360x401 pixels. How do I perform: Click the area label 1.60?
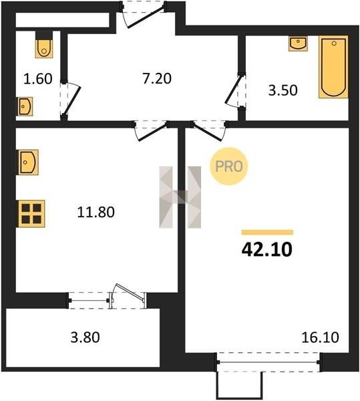[x=38, y=79]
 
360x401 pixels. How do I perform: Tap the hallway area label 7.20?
[x=157, y=78]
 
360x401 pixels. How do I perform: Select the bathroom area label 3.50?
[x=283, y=90]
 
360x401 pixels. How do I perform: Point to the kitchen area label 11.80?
[x=96, y=212]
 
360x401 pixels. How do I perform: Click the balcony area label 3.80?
[x=85, y=338]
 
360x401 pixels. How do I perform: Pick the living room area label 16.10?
[x=320, y=338]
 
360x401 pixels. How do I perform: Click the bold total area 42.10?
[x=266, y=249]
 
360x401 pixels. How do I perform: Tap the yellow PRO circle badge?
[x=228, y=166]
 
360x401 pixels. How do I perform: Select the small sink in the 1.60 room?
[x=25, y=106]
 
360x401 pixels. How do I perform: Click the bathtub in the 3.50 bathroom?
[x=333, y=67]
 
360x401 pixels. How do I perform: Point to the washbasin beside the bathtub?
[x=298, y=43]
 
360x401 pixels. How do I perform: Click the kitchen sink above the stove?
[x=28, y=162]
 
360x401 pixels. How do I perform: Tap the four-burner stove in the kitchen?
[x=31, y=214]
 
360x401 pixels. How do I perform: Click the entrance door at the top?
[x=144, y=14]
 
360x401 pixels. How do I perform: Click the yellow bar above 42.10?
[x=267, y=233]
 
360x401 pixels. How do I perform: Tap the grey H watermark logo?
[x=180, y=197]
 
